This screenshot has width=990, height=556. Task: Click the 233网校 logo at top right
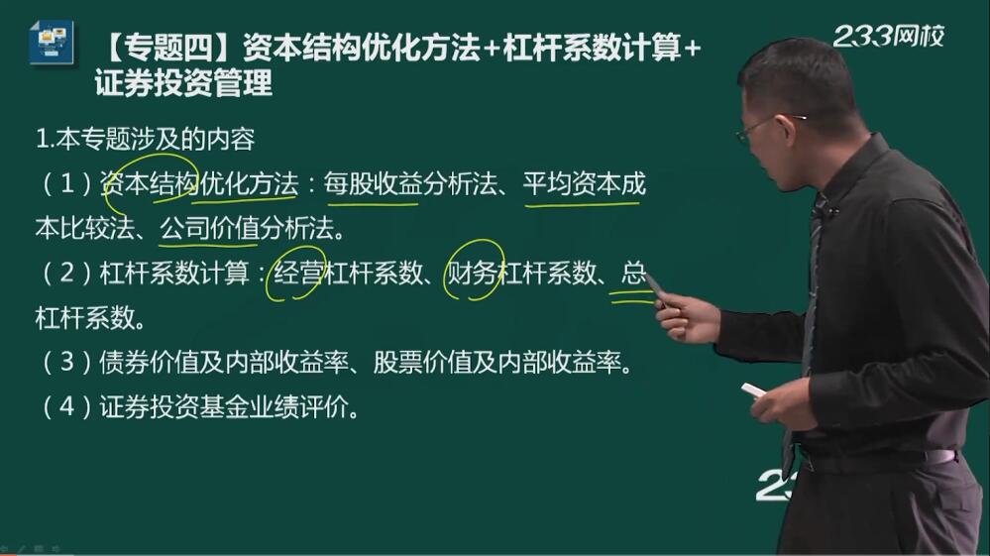click(x=888, y=36)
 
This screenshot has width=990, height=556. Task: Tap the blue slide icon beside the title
click(x=52, y=42)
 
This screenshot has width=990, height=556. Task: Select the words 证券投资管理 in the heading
click(x=183, y=82)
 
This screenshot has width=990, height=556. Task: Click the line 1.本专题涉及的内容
click(x=146, y=140)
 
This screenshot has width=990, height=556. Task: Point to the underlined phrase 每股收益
click(x=373, y=184)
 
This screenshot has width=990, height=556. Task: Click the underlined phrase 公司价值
click(x=209, y=229)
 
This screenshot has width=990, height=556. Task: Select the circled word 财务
click(x=473, y=273)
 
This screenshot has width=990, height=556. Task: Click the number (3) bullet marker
click(x=67, y=363)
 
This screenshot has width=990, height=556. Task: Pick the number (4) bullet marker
click(x=67, y=407)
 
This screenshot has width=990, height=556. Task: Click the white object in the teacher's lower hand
click(x=753, y=390)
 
